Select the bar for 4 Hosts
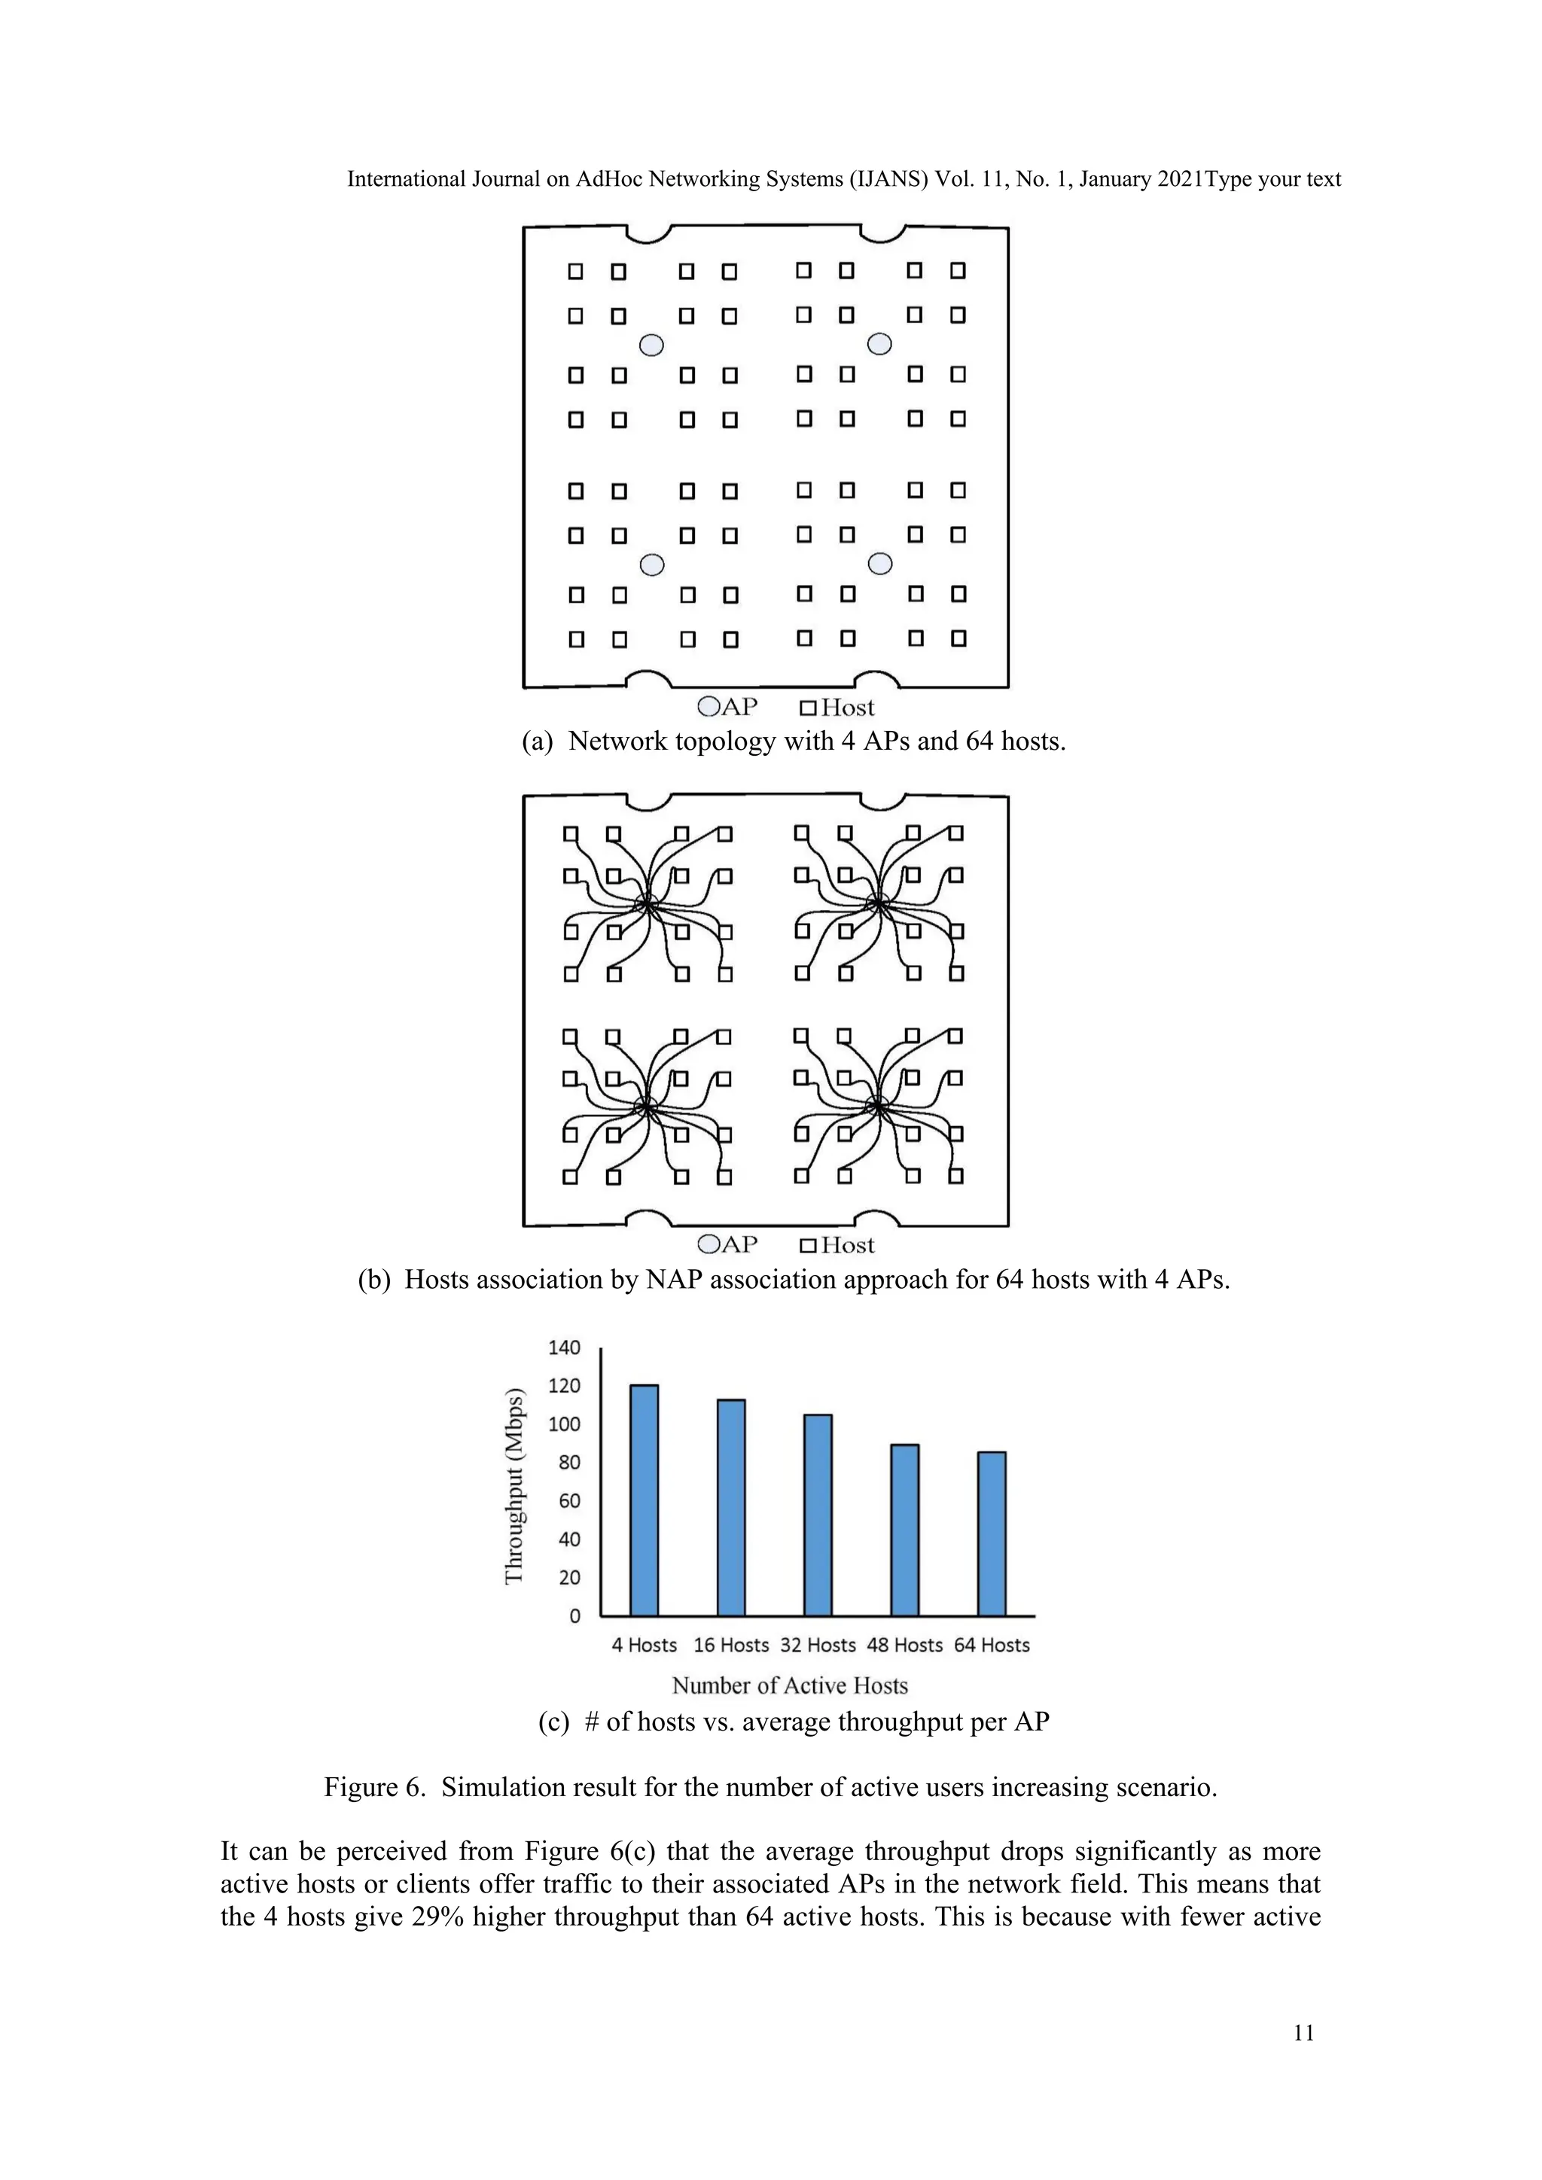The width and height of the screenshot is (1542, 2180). tap(644, 1501)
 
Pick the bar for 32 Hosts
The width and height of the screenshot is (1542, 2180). tap(818, 1515)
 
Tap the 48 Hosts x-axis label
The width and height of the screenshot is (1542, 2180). tap(904, 1645)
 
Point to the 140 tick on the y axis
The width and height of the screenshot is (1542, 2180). tap(564, 1347)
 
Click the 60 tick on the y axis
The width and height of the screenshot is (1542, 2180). tap(568, 1501)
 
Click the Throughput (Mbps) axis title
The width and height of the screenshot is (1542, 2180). tap(513, 1487)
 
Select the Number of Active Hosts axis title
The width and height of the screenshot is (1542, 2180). tap(789, 1685)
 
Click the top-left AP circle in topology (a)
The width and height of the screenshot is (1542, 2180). tap(651, 345)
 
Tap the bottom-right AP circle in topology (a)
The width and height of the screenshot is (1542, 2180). tap(880, 564)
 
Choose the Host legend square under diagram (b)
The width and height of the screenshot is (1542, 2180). tap(808, 1245)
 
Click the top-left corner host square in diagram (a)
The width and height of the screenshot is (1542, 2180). tap(575, 272)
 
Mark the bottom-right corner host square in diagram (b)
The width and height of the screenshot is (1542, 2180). tap(956, 1176)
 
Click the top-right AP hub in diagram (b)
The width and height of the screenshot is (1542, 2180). tap(879, 903)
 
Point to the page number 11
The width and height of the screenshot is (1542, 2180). tap(1303, 2032)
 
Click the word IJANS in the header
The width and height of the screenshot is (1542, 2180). tap(888, 179)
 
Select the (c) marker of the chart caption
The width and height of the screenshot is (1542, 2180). tap(553, 1722)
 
